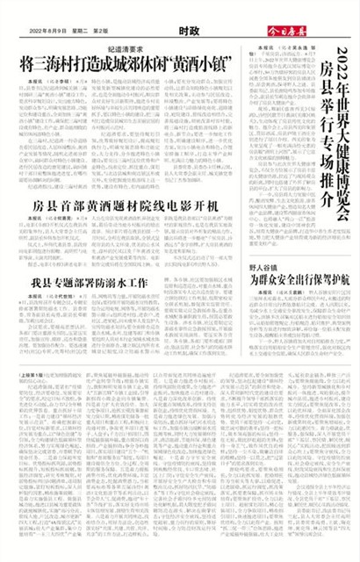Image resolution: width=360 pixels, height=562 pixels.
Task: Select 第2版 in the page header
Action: [115, 31]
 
